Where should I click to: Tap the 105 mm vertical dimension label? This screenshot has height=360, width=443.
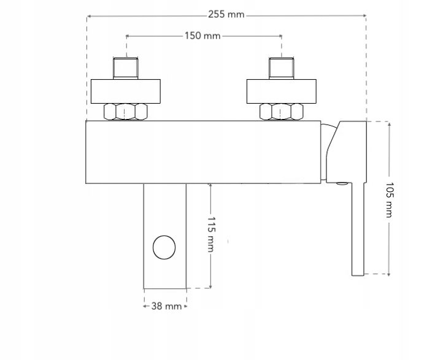(x=389, y=198)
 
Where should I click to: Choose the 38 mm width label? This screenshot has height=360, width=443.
(x=166, y=306)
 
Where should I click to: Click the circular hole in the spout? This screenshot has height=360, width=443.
(x=164, y=248)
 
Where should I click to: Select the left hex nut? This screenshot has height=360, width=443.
(x=126, y=112)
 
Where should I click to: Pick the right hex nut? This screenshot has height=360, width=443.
(x=281, y=112)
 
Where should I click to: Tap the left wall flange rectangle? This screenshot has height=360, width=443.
(x=126, y=91)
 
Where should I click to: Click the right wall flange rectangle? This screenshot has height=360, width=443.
(x=281, y=91)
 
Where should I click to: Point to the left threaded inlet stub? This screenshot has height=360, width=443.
(x=126, y=68)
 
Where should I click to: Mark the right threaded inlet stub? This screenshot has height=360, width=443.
(x=281, y=68)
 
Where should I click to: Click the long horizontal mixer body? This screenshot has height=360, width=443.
(x=202, y=152)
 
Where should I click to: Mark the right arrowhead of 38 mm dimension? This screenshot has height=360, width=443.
(x=185, y=306)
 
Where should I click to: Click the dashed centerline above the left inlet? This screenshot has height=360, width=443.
(x=126, y=46)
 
